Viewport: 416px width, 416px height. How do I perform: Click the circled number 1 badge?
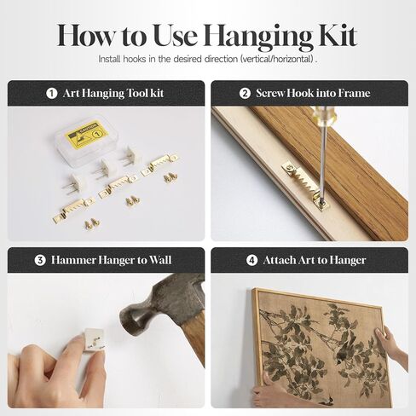52,93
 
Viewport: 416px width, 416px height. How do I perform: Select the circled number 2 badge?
245,93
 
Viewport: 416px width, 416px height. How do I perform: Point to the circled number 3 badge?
40,260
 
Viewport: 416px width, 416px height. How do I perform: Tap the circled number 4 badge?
251,260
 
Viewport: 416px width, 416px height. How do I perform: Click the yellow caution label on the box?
86,134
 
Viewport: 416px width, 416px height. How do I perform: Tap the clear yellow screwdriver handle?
325,114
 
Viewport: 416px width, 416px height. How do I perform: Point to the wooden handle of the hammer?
194,335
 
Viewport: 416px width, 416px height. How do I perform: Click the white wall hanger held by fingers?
94,339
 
